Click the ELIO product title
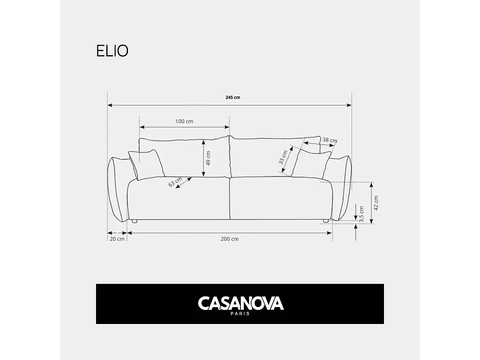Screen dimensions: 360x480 click(x=112, y=51)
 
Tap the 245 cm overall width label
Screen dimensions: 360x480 click(x=233, y=97)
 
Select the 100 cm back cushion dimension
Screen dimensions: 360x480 click(x=184, y=121)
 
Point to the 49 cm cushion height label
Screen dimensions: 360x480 click(x=208, y=158)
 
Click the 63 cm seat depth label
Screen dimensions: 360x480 click(x=176, y=182)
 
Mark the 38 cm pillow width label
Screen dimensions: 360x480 click(x=329, y=140)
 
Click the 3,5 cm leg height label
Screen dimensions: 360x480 click(x=361, y=214)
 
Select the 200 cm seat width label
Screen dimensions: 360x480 click(x=229, y=239)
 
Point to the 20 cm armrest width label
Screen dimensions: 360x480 click(x=117, y=239)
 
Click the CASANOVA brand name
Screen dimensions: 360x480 click(x=240, y=303)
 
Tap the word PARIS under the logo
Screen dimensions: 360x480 click(x=240, y=314)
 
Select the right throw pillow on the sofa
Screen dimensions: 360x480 click(x=315, y=164)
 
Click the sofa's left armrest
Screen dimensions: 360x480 click(x=117, y=189)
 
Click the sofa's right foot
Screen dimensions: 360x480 click(x=326, y=220)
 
